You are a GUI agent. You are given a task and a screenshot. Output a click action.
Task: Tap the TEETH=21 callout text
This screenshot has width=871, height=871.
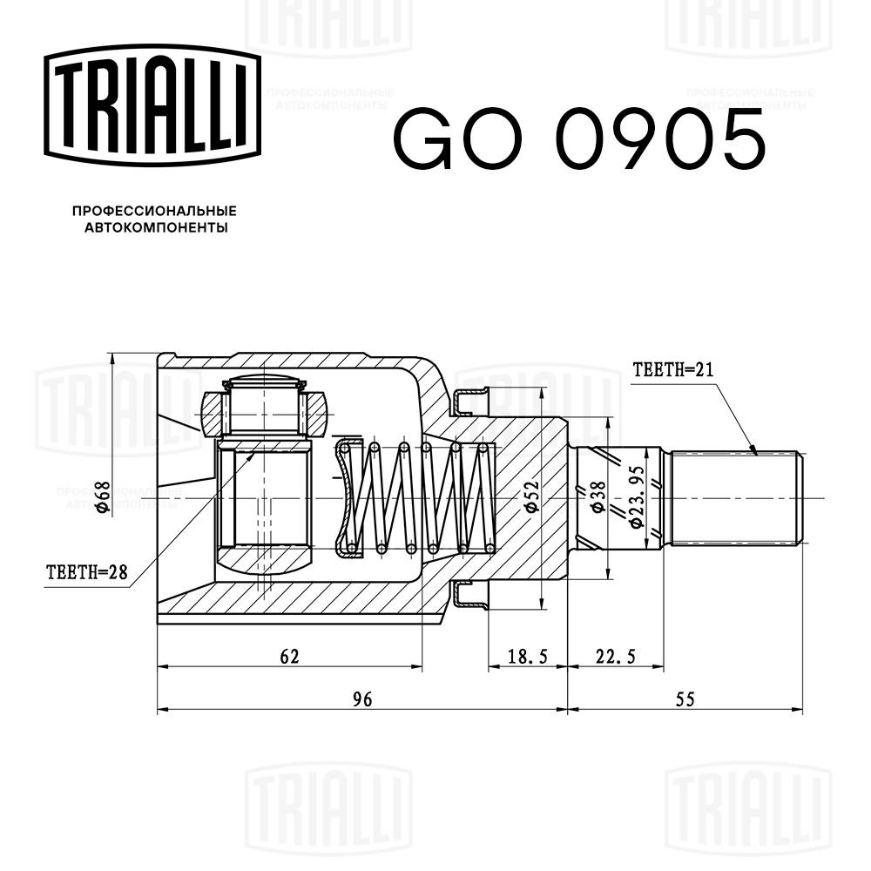(673, 369)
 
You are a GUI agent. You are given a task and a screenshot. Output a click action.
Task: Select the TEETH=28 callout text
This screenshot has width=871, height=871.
(87, 572)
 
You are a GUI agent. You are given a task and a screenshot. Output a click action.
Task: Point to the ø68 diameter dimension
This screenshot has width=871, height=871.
(103, 499)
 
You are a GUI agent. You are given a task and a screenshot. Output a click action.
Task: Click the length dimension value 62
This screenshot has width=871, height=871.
(290, 656)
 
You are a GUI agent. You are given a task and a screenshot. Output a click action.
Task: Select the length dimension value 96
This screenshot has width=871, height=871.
(362, 698)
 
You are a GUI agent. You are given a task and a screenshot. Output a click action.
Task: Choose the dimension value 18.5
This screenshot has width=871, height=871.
(526, 656)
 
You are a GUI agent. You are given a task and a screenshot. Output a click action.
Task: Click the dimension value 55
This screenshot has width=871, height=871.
(684, 698)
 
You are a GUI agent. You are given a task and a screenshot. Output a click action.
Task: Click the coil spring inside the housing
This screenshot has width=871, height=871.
(418, 497)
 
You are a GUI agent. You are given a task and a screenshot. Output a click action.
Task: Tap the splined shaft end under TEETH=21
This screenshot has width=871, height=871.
(736, 497)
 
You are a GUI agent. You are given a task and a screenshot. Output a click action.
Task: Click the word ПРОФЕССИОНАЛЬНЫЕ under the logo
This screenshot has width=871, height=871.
(153, 212)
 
